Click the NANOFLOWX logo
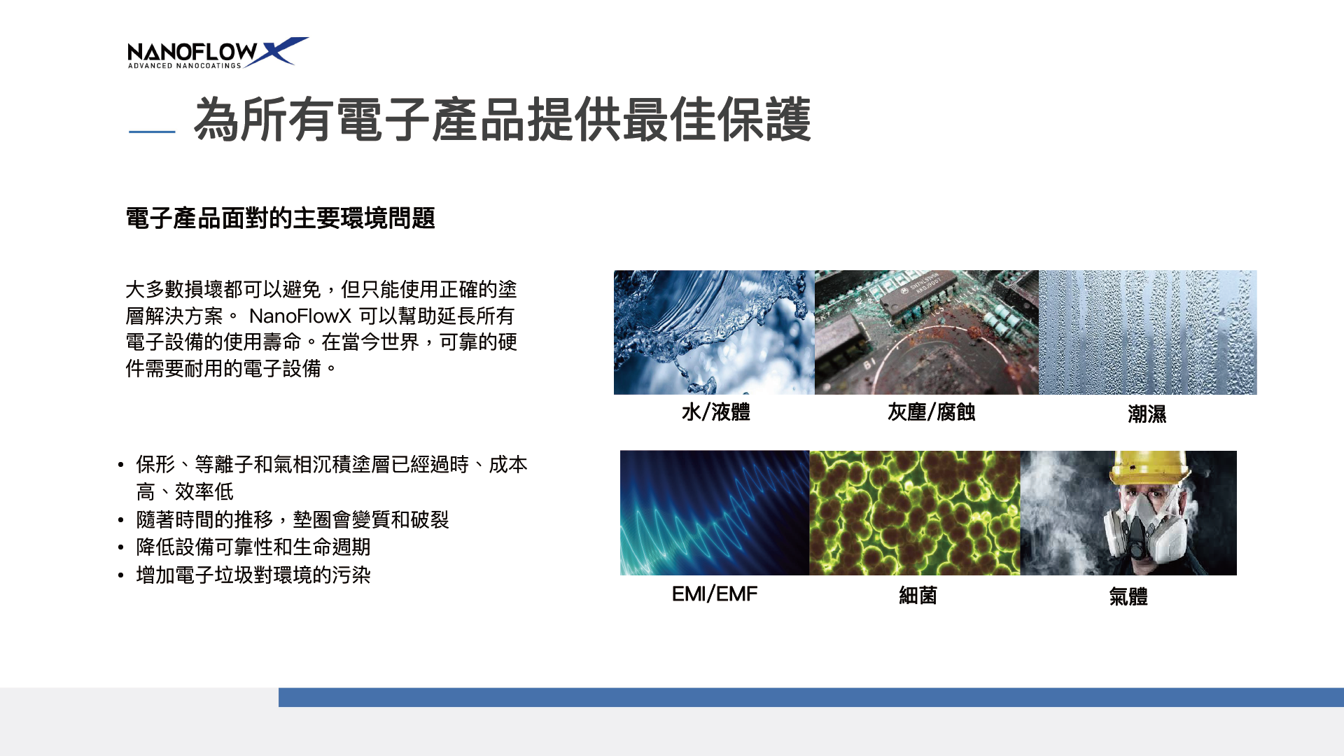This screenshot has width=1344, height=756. point(218,52)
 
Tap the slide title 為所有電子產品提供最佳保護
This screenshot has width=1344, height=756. point(503,120)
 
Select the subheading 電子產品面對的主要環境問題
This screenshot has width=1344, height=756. point(280,218)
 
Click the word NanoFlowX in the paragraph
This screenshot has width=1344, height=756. point(300,316)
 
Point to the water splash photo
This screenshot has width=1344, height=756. point(714,332)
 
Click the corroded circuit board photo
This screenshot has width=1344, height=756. point(927,332)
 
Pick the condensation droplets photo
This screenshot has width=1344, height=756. point(1148,332)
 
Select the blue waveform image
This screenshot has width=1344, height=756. point(715,513)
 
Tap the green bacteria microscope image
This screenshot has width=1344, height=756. point(915,513)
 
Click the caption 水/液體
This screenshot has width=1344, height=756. point(716,412)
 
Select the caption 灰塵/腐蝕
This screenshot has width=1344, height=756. point(932,412)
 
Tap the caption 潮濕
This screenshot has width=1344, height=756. point(1147,414)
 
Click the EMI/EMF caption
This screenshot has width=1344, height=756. point(715,594)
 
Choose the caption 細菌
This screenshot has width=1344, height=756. point(918,596)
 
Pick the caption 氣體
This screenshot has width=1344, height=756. point(1128,597)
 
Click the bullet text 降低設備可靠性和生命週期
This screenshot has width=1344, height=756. point(253,547)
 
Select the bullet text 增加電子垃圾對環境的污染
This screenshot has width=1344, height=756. point(253,575)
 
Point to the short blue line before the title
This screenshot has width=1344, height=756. point(152,131)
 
